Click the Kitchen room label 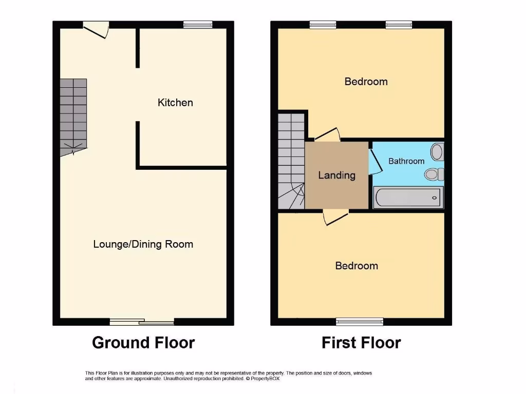point(175,103)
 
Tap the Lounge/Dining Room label point(143,244)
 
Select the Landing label point(336,175)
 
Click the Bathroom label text point(406,161)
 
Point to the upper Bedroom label point(366,82)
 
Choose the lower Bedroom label point(356,266)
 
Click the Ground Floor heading point(143,342)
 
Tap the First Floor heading point(361,342)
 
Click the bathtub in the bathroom point(407,198)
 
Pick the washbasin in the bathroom point(437,151)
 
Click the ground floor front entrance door point(97,29)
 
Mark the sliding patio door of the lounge point(142,322)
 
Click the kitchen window point(198,24)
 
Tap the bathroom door point(375,160)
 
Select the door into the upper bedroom point(327,135)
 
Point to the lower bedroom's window point(360,322)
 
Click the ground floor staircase point(73,115)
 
